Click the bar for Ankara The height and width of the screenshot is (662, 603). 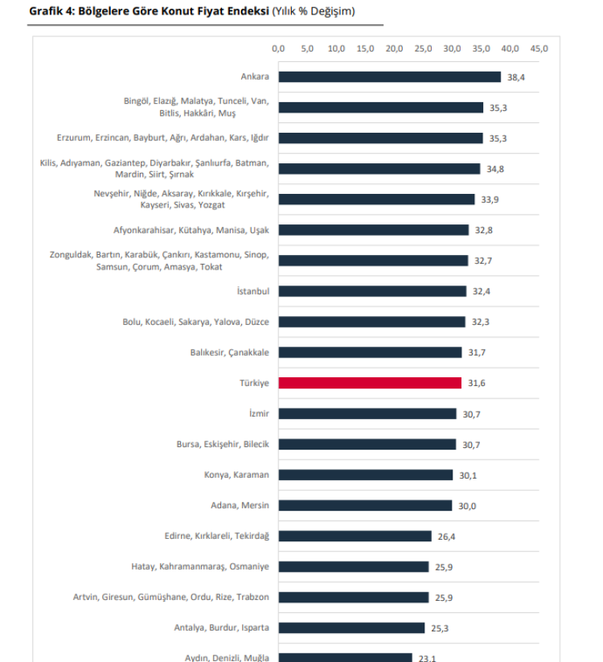[390, 77]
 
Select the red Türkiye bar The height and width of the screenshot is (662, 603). [370, 383]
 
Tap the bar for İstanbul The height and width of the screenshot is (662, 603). [372, 291]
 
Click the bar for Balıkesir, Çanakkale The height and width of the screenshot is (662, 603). [371, 352]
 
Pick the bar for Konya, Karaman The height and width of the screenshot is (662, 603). [366, 475]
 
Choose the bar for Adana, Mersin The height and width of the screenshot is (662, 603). [366, 505]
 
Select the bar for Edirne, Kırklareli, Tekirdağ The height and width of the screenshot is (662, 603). [355, 536]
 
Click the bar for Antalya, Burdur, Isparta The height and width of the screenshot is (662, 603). [352, 627]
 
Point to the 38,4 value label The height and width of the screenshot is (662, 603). [516, 77]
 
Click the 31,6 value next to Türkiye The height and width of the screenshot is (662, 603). [477, 383]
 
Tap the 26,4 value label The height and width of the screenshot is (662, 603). [447, 536]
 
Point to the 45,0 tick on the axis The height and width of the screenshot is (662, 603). [539, 49]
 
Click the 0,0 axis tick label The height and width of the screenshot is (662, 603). [279, 49]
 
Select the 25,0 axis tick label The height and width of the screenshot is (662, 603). [423, 49]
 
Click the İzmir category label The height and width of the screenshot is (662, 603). [259, 413]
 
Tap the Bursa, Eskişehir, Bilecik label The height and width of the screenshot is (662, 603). [223, 444]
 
